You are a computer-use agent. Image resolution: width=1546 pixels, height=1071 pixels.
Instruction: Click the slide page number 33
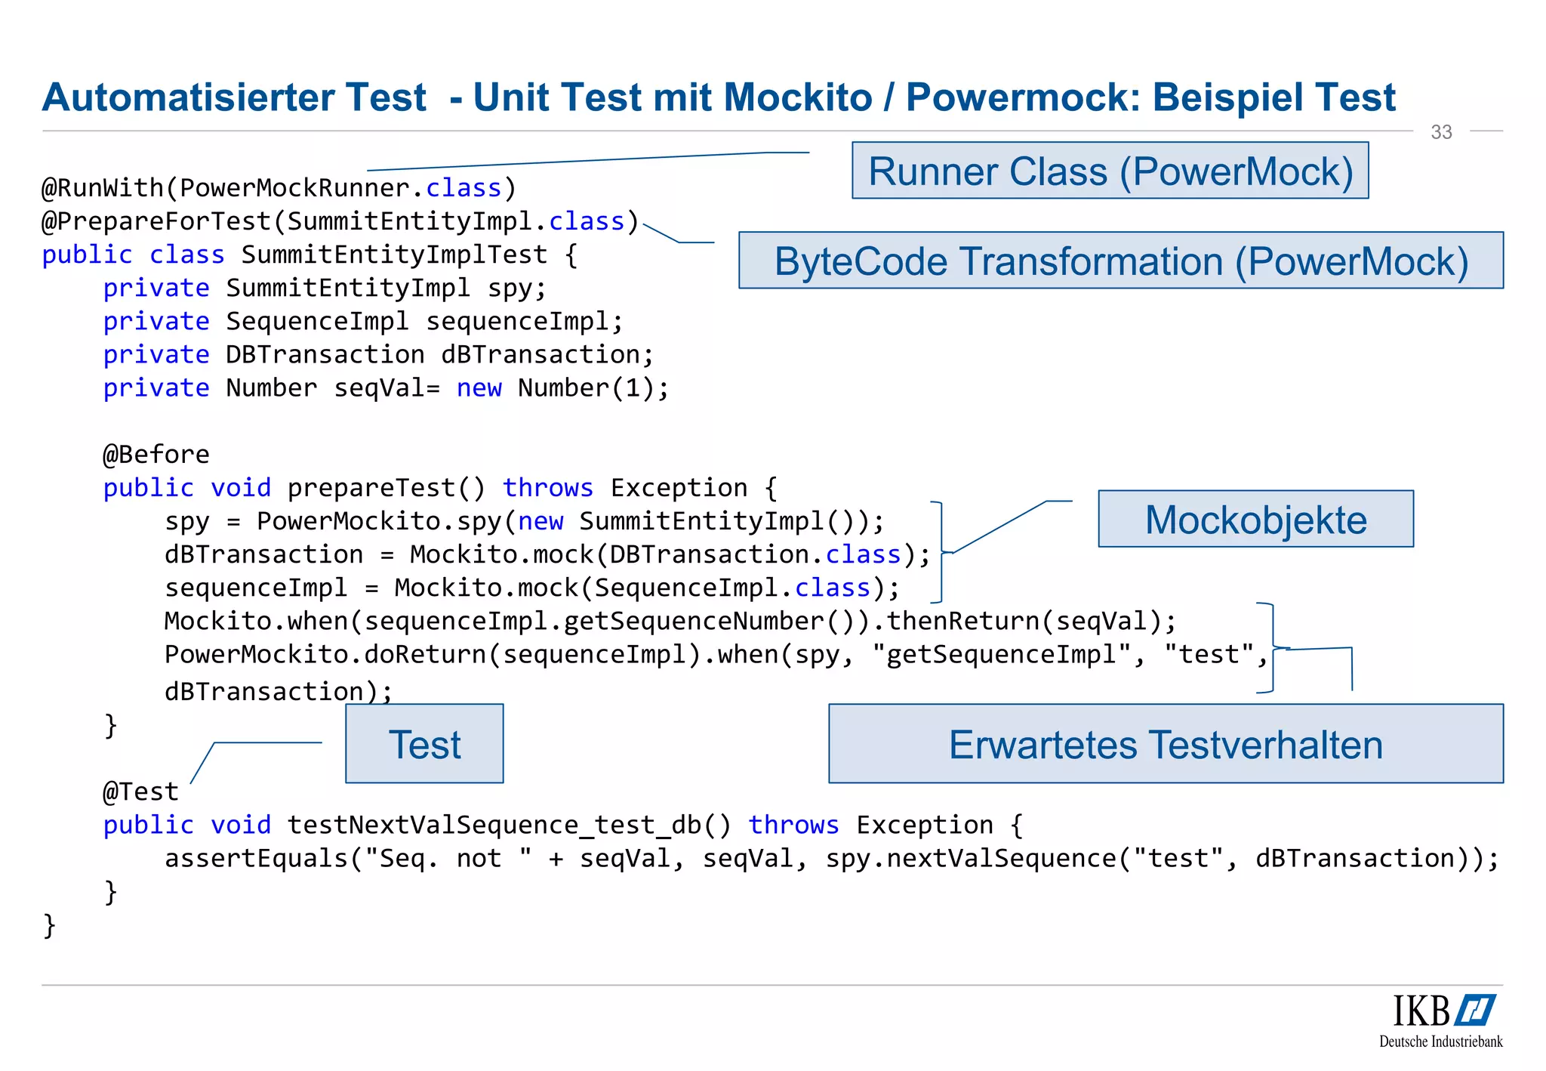click(x=1441, y=132)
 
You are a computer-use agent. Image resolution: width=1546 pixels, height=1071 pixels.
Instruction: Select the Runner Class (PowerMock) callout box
click(x=1110, y=171)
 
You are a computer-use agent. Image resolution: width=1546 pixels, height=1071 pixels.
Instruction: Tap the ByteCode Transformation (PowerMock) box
click(x=1120, y=261)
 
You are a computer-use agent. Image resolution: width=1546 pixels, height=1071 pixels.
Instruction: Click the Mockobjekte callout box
click(x=1255, y=519)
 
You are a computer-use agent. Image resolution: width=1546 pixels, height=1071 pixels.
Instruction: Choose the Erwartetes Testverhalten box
click(x=1166, y=744)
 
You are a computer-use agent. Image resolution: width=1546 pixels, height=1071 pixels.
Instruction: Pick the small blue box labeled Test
click(x=424, y=744)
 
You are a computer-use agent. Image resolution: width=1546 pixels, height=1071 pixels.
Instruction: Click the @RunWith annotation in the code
click(x=102, y=187)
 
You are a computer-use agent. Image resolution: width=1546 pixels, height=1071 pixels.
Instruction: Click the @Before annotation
click(x=156, y=455)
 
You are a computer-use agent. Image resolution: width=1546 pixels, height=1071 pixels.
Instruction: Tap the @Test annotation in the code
click(x=141, y=792)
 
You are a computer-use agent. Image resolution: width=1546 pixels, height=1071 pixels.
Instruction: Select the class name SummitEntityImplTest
click(x=394, y=255)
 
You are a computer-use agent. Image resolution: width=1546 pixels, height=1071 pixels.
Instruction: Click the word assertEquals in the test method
click(x=256, y=858)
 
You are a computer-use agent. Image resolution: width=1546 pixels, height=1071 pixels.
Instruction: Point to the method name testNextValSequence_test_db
click(x=494, y=825)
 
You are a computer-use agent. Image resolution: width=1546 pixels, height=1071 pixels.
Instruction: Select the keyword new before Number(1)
click(x=479, y=388)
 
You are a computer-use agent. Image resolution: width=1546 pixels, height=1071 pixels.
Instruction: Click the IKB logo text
click(x=1421, y=1011)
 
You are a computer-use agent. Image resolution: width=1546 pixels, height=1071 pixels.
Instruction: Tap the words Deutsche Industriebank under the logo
click(x=1440, y=1042)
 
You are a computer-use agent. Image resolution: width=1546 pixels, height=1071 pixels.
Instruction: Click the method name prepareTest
click(x=371, y=488)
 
